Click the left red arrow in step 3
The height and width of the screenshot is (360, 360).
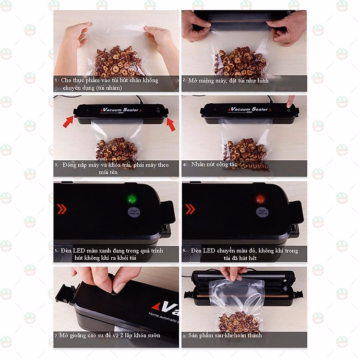(68, 122)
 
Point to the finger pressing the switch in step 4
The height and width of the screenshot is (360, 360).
(290, 102)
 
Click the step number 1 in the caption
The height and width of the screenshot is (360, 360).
(56, 80)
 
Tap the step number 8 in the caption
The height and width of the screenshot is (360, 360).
(184, 336)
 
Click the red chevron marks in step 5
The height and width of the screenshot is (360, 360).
(62, 209)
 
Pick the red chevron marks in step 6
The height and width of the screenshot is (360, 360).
(190, 209)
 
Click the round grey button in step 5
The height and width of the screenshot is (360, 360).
(133, 213)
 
